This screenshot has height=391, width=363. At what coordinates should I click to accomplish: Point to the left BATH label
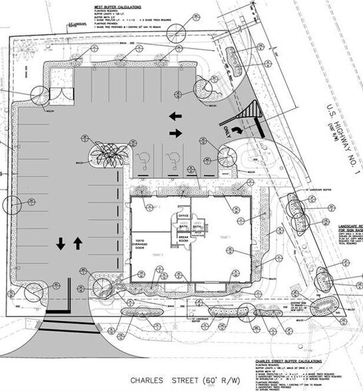tap(183, 226)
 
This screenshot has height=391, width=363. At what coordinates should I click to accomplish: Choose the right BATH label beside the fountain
tap(197, 226)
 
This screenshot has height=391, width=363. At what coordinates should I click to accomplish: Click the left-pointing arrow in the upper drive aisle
tap(176, 116)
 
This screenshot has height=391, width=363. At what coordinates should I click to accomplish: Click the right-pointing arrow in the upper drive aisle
tap(176, 134)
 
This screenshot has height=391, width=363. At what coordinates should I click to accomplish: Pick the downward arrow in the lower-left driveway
tap(60, 243)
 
